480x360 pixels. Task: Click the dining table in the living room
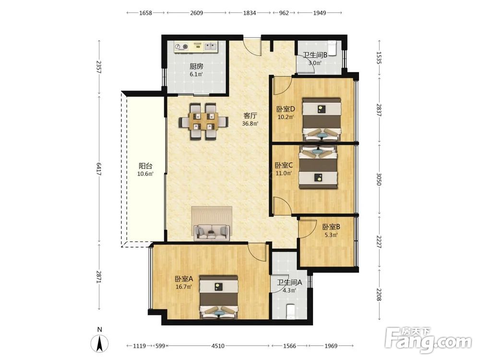(204, 121)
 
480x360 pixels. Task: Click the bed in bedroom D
(322, 120)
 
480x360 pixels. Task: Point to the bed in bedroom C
(318, 167)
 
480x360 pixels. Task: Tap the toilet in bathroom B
(333, 48)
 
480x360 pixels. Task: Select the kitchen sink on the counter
(211, 46)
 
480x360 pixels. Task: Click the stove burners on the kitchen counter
(181, 47)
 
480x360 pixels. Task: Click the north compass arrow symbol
(99, 344)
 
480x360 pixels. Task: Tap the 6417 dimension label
(99, 168)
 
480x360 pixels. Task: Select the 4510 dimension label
(218, 346)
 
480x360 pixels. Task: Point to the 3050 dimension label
(379, 179)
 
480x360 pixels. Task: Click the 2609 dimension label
(196, 13)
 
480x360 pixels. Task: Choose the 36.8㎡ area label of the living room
(250, 124)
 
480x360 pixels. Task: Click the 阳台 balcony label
(145, 166)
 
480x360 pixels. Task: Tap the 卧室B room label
(331, 227)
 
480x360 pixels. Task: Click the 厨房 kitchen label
(196, 66)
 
